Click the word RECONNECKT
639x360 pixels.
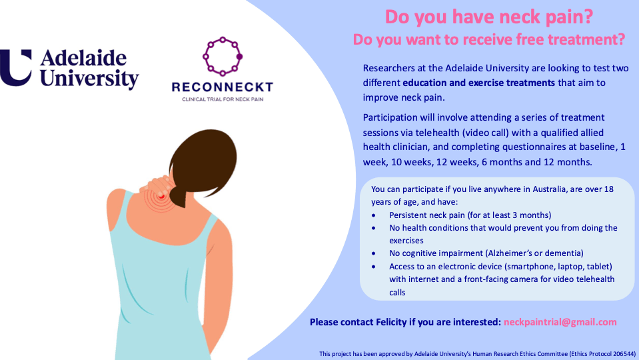click(x=222, y=87)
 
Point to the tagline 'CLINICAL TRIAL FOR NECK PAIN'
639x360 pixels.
click(x=223, y=99)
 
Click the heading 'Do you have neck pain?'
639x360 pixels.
click(x=489, y=17)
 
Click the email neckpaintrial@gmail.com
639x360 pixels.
click(x=560, y=322)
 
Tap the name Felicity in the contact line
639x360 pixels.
click(x=391, y=322)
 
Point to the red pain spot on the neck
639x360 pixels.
click(x=161, y=197)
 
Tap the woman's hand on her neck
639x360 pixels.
click(x=157, y=186)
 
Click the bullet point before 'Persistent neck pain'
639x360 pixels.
click(x=374, y=215)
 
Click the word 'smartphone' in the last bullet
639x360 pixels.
click(x=530, y=267)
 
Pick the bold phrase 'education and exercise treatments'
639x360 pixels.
click(x=479, y=83)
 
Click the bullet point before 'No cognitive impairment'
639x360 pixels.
click(x=374, y=253)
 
